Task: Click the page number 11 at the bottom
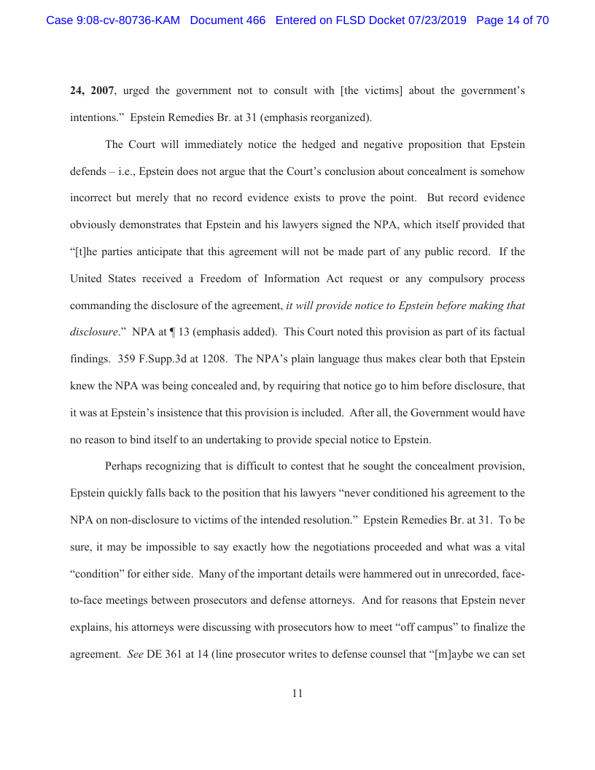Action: coord(297,693)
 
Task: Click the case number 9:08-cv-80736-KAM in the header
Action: coord(113,20)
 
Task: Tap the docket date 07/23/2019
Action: coord(435,20)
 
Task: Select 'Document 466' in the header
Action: coord(227,20)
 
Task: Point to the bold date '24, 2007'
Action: coord(92,90)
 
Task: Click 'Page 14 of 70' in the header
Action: coord(512,20)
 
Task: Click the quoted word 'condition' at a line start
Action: coord(97,574)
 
